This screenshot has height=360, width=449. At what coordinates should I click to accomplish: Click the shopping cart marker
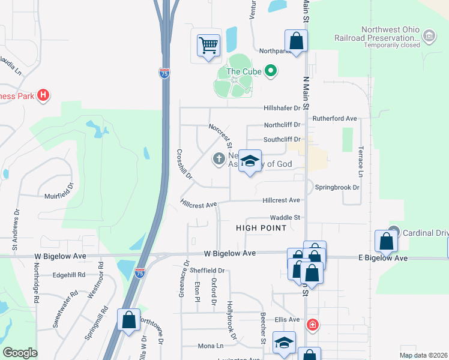pyautogui.click(x=208, y=44)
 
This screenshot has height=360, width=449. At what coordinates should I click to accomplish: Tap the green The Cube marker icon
pyautogui.click(x=271, y=72)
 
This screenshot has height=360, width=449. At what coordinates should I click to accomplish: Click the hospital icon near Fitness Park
pyautogui.click(x=43, y=95)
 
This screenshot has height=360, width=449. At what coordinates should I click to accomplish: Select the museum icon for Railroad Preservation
pyautogui.click(x=429, y=37)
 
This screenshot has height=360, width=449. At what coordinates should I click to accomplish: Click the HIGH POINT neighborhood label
pyautogui.click(x=261, y=228)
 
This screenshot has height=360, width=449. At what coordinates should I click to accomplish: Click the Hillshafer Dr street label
pyautogui.click(x=282, y=108)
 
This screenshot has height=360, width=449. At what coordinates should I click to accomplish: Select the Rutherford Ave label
pyautogui.click(x=334, y=118)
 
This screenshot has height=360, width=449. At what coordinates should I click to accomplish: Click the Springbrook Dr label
pyautogui.click(x=337, y=187)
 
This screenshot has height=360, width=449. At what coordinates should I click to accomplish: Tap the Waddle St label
pyautogui.click(x=285, y=218)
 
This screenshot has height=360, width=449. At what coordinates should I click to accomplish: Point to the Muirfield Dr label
pyautogui.click(x=58, y=196)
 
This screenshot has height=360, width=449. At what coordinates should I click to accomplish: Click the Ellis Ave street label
pyautogui.click(x=286, y=319)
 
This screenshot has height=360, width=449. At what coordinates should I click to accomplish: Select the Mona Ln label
pyautogui.click(x=211, y=346)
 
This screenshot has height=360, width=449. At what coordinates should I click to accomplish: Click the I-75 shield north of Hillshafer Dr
pyautogui.click(x=164, y=73)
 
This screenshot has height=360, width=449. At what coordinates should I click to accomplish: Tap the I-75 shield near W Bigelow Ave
pyautogui.click(x=140, y=273)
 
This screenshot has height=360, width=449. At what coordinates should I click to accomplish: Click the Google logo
pyautogui.click(x=20, y=353)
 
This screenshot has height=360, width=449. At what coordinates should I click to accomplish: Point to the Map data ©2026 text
pyautogui.click(x=423, y=355)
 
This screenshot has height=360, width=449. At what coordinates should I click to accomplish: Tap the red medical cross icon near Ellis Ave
pyautogui.click(x=312, y=325)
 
